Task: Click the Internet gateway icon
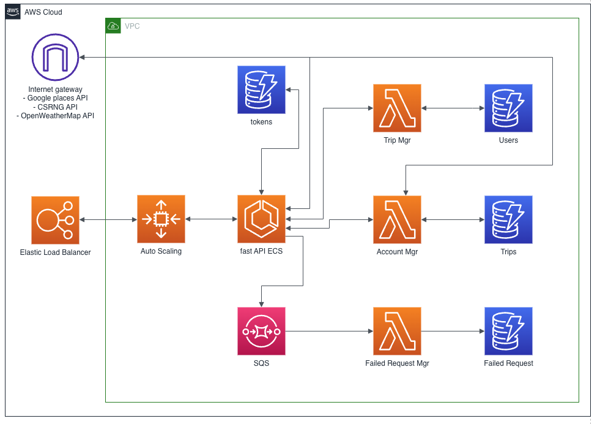[55, 57]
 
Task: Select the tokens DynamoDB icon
[261, 89]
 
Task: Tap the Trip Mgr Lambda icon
[397, 108]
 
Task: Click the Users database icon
[508, 108]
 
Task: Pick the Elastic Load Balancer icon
[55, 220]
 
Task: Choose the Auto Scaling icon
[161, 219]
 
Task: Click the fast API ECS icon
[261, 219]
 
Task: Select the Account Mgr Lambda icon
[397, 220]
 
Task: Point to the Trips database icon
[508, 220]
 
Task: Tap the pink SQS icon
[261, 331]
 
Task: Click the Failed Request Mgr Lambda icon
[397, 331]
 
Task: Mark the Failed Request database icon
[508, 331]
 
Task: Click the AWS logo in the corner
[13, 12]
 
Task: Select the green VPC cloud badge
[113, 26]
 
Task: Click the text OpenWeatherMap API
[57, 116]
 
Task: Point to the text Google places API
[57, 98]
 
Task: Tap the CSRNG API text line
[57, 107]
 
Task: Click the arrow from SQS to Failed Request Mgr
[329, 331]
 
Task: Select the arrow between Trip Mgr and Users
[453, 108]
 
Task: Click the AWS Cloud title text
[43, 12]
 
